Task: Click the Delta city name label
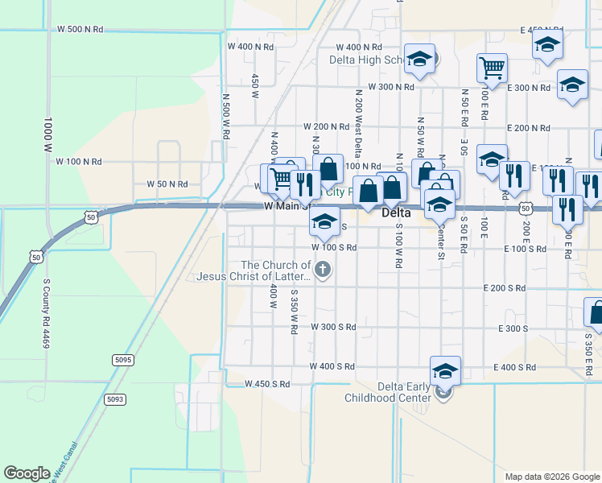point(396,213)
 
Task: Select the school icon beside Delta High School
point(419,59)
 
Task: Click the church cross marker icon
point(323,270)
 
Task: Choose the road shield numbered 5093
point(115,398)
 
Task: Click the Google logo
point(27,473)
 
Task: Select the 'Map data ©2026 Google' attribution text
point(551,477)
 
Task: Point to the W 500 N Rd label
point(80,29)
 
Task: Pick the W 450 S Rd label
point(267,384)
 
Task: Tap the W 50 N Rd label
point(167,184)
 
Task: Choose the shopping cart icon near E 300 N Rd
point(491,68)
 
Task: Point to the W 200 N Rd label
point(326,127)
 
